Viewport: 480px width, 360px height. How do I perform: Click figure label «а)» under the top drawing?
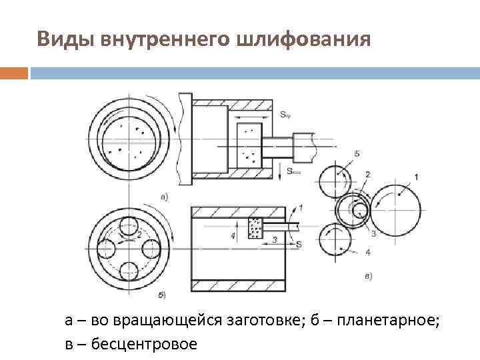(165, 196)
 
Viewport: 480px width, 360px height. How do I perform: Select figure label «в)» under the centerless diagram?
(368, 275)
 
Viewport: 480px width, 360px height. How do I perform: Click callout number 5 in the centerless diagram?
(357, 154)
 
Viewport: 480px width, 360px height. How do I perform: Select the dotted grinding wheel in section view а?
(250, 145)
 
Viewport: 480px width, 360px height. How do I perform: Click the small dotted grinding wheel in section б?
(255, 227)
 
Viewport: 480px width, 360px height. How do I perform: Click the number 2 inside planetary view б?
(139, 235)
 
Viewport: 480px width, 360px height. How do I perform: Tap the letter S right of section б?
(299, 245)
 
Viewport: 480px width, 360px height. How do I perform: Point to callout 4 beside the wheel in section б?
(233, 235)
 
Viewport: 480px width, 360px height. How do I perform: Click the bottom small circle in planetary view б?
(129, 272)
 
